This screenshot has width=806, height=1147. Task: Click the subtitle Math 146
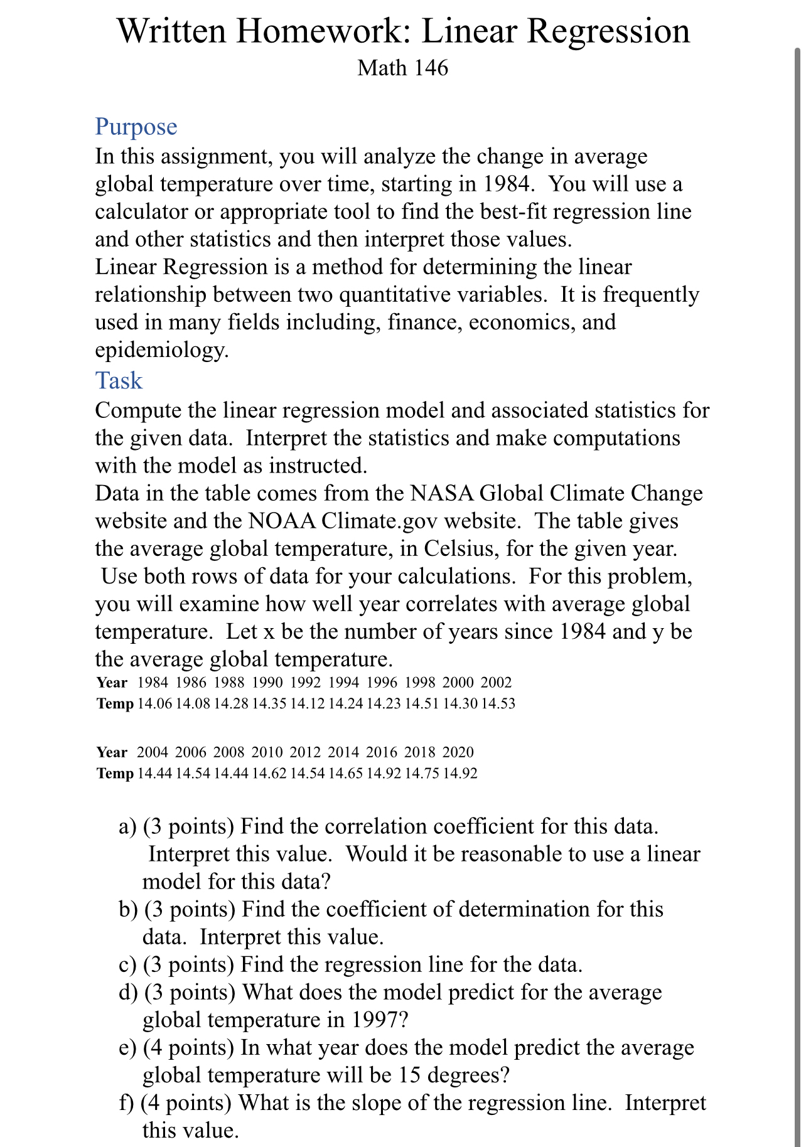(402, 68)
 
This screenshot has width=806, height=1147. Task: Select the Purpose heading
(136, 127)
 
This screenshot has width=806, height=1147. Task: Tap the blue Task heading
(119, 381)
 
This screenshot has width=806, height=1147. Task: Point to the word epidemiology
(161, 349)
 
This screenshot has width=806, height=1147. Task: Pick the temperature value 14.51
(421, 704)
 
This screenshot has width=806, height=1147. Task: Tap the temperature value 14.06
(154, 704)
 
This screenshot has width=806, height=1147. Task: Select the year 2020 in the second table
(458, 752)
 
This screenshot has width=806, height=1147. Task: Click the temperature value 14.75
(421, 774)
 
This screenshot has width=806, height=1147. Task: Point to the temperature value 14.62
(269, 774)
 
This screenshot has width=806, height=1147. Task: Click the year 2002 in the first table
(496, 683)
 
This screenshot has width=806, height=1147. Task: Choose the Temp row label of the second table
(115, 774)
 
